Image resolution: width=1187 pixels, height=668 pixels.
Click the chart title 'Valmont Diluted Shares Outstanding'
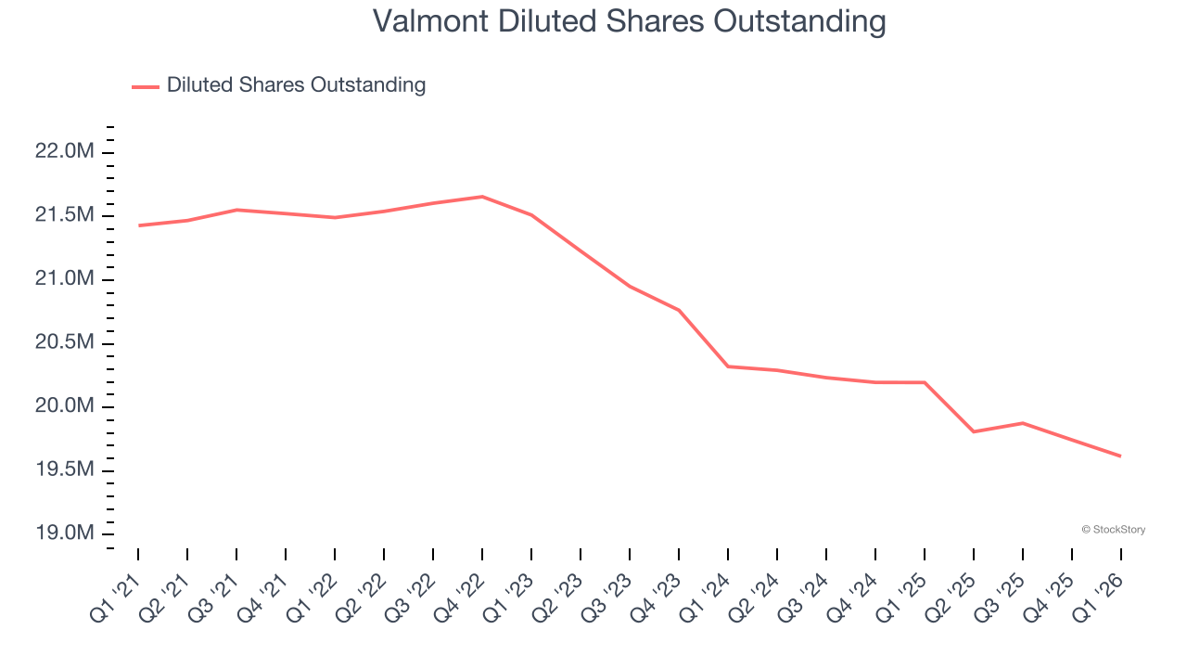point(629,21)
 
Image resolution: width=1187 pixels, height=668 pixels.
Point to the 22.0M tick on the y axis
point(65,151)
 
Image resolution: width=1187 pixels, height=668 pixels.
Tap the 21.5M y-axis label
point(65,215)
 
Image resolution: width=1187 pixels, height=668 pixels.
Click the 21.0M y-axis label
point(65,279)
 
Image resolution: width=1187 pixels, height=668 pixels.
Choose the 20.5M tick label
point(65,342)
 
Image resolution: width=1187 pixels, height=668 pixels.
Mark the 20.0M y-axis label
point(65,406)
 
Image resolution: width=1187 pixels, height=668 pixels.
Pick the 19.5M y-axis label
point(65,470)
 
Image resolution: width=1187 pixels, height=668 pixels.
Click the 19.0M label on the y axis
point(65,533)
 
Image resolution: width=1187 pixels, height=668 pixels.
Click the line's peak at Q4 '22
point(482,197)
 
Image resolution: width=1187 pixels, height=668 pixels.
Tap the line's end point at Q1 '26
point(1120,456)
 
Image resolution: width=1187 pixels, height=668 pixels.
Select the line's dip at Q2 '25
point(974,431)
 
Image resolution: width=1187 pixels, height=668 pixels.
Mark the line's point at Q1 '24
point(728,366)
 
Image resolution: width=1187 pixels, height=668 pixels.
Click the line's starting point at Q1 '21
point(138,225)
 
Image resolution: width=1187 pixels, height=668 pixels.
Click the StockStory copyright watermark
point(1113,530)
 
